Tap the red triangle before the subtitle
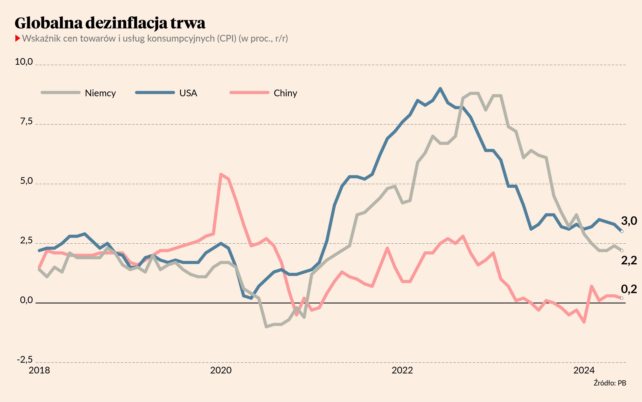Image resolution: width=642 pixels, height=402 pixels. (18, 38)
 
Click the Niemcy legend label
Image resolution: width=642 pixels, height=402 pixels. (100, 93)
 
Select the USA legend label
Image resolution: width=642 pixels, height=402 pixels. (188, 93)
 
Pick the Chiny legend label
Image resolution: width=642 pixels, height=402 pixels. (285, 93)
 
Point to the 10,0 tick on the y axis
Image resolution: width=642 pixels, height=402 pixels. (24, 62)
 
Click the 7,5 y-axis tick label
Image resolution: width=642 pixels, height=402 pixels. (26, 121)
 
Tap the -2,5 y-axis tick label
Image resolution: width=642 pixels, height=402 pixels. (25, 360)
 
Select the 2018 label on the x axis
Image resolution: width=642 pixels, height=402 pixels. (39, 370)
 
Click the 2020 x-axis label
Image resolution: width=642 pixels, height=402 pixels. (221, 370)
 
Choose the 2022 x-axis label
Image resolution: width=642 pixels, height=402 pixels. (402, 370)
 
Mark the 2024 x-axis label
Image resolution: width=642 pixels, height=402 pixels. (584, 370)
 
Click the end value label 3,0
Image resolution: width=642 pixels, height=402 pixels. (629, 221)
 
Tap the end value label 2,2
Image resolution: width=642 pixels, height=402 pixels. (629, 261)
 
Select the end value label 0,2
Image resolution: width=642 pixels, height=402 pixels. (629, 289)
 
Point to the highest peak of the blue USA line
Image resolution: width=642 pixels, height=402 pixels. (440, 88)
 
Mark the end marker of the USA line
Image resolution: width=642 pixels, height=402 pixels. (622, 231)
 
